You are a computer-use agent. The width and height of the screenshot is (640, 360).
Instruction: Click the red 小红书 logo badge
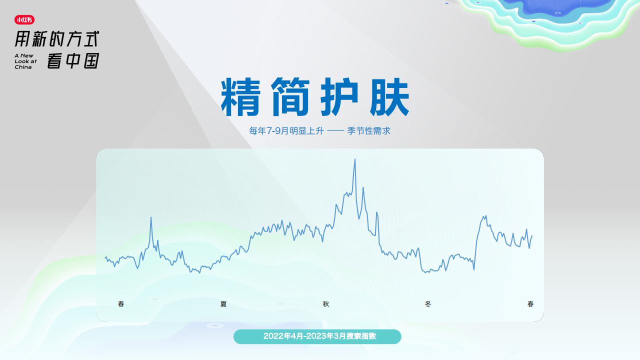(x=24, y=19)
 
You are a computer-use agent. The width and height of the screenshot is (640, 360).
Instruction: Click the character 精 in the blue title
(x=240, y=97)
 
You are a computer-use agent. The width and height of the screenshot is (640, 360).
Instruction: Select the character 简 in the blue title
(x=290, y=97)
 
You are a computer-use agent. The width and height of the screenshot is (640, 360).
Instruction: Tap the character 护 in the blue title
(x=339, y=97)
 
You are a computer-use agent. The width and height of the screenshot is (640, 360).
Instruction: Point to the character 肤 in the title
(x=389, y=97)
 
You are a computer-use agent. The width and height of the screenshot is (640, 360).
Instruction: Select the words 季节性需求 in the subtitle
(x=368, y=131)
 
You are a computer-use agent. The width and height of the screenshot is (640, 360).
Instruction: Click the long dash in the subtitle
(x=335, y=131)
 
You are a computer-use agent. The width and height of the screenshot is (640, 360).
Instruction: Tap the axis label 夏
(x=223, y=304)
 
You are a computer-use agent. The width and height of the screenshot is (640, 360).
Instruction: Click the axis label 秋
(x=326, y=304)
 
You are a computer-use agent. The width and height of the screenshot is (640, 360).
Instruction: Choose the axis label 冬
(x=427, y=304)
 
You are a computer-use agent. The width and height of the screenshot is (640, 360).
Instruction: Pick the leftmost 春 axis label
(x=121, y=304)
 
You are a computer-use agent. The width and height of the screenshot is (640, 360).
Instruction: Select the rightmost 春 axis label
(x=530, y=304)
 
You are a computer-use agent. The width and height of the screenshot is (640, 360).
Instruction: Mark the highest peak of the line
(x=355, y=159)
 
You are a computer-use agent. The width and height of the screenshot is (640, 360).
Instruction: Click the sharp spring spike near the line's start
(x=151, y=217)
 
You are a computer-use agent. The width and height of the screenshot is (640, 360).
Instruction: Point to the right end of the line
(x=531, y=235)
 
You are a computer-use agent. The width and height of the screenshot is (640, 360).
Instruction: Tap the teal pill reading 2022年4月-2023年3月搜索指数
(x=317, y=336)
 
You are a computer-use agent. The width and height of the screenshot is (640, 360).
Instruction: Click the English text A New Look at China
(x=25, y=61)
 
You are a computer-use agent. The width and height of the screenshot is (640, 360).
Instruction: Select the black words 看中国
(x=73, y=60)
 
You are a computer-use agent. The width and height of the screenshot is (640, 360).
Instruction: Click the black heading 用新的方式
(x=57, y=39)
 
